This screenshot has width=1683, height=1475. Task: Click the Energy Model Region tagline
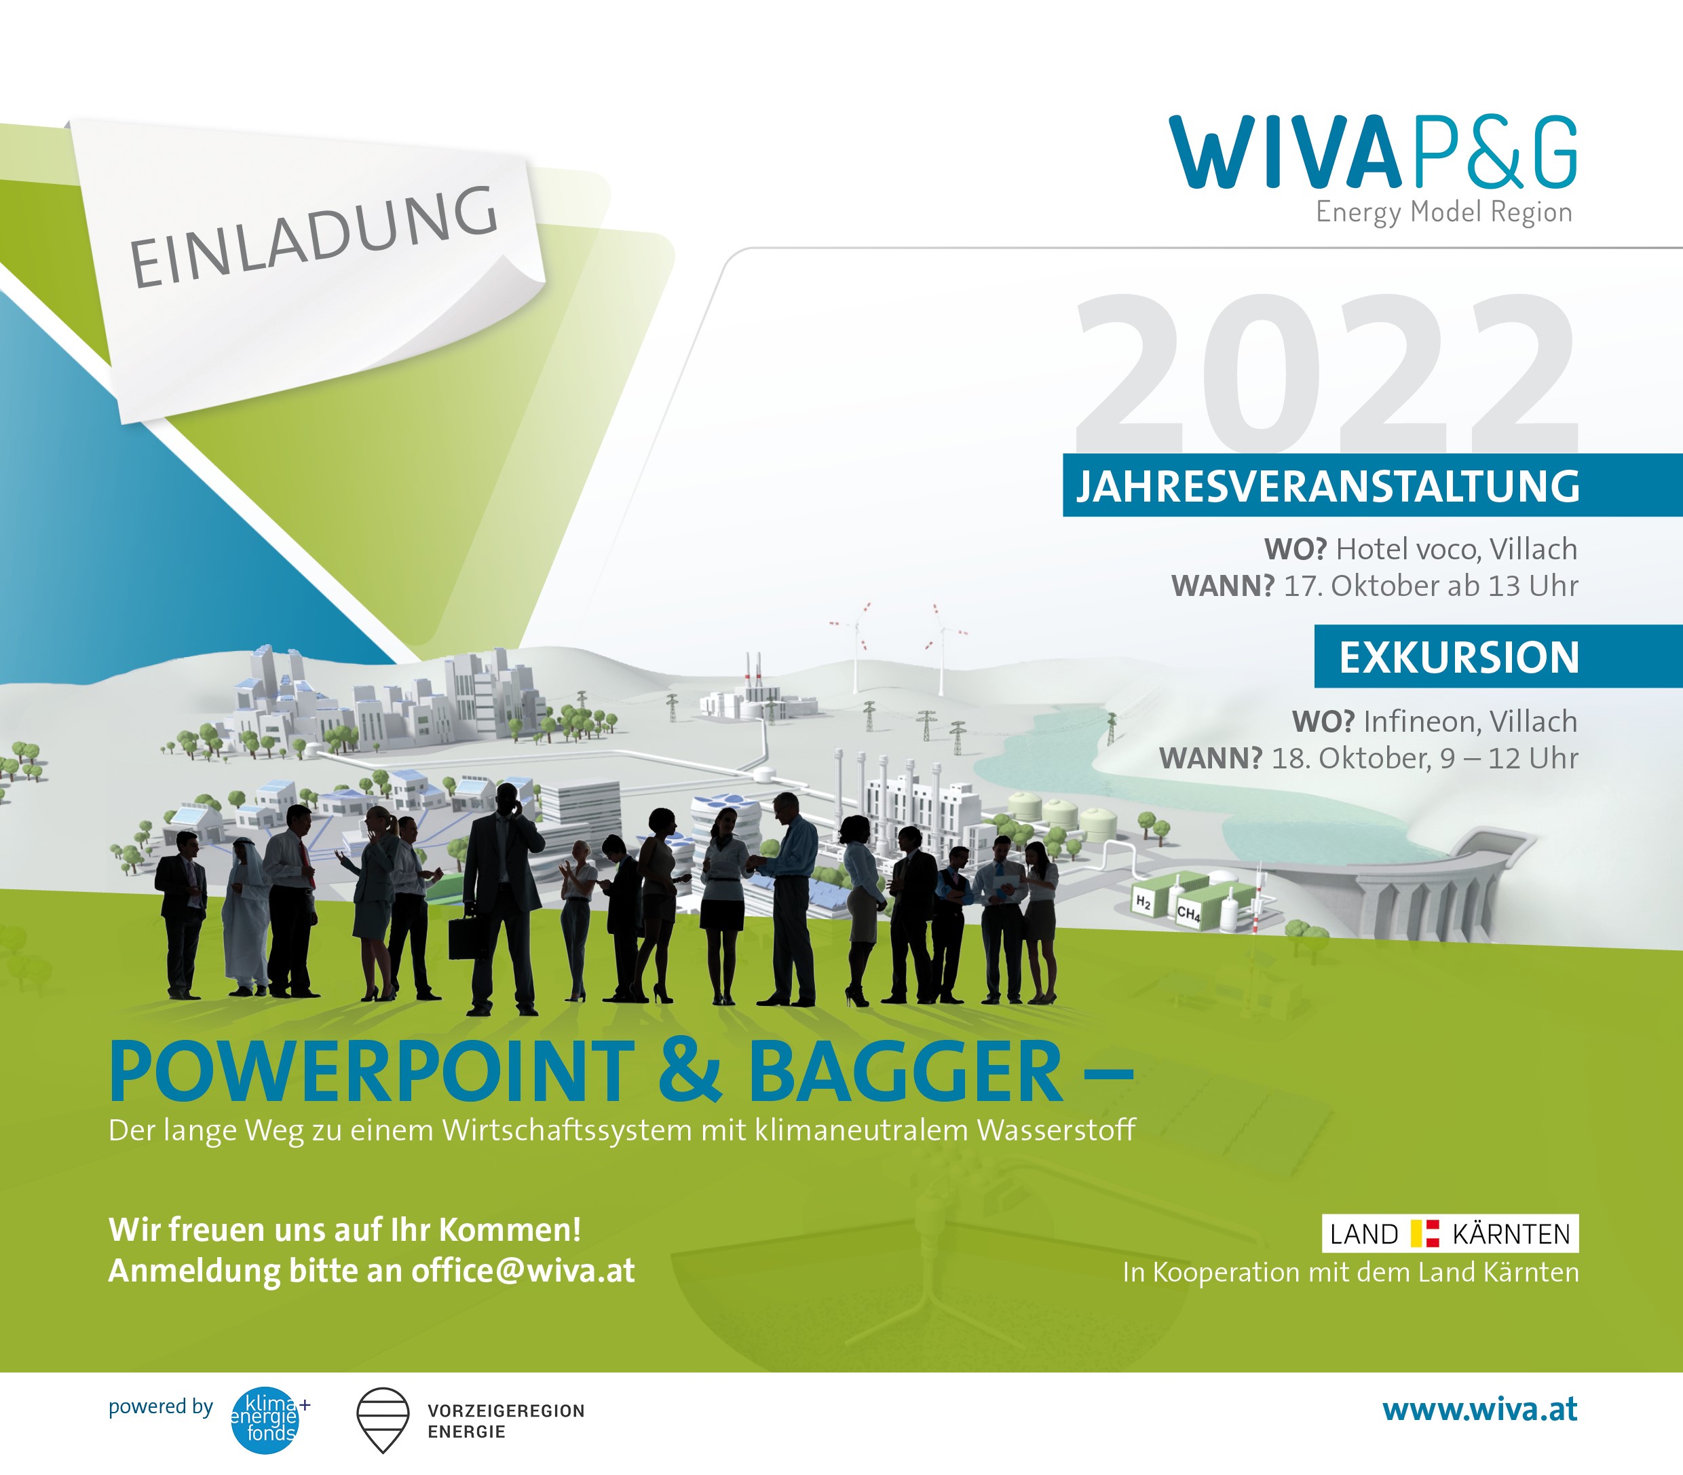click(1443, 212)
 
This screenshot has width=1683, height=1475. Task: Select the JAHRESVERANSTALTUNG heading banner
click(1327, 485)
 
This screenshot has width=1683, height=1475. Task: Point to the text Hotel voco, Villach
click(1456, 549)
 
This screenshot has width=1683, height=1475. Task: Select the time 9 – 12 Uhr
click(1508, 758)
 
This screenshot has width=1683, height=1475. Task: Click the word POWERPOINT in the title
click(371, 1072)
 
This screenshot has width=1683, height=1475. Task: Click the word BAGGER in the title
click(905, 1072)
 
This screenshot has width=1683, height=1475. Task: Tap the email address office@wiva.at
click(523, 1271)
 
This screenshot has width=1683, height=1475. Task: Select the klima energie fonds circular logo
click(265, 1421)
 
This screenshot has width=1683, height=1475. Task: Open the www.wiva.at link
click(1479, 1410)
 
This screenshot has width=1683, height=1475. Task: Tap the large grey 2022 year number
click(1324, 371)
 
